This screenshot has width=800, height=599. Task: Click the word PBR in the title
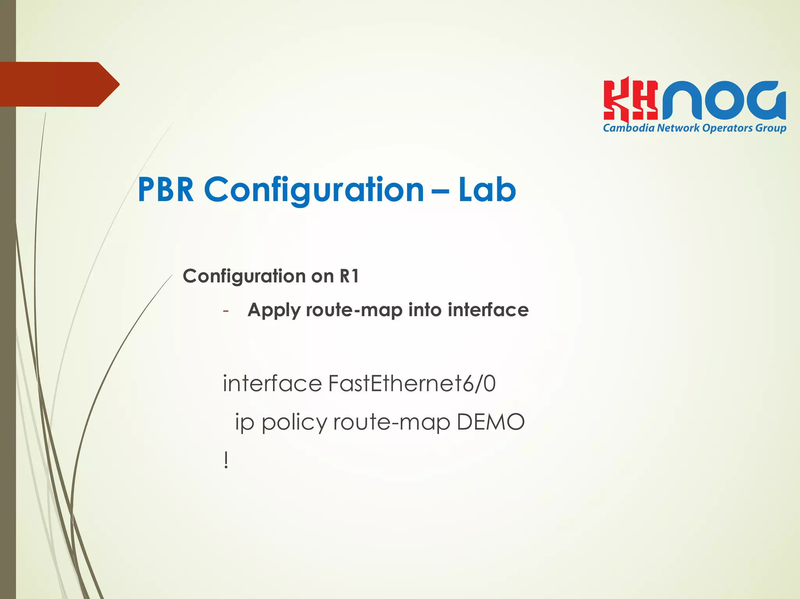click(x=166, y=190)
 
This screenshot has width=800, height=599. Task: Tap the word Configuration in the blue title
click(x=314, y=190)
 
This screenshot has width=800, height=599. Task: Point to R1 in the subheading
click(x=349, y=276)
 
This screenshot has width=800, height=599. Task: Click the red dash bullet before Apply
click(x=225, y=311)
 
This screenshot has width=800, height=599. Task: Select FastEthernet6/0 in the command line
click(x=412, y=383)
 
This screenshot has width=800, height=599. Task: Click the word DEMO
click(x=490, y=422)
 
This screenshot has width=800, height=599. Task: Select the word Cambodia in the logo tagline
click(x=629, y=128)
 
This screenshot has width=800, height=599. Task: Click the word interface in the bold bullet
click(x=488, y=310)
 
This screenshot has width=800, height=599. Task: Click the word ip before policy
click(x=244, y=423)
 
